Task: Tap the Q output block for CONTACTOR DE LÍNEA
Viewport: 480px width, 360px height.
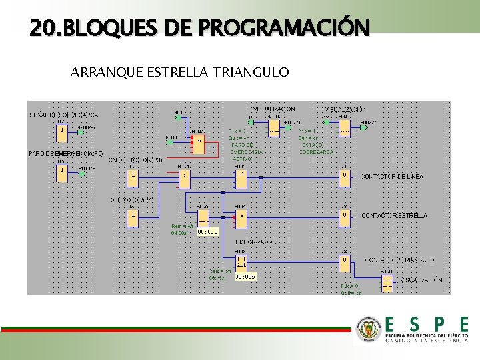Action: point(345,177)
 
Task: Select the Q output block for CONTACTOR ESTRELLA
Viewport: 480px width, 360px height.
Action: point(345,216)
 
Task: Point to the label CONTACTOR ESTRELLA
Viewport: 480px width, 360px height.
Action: point(394,216)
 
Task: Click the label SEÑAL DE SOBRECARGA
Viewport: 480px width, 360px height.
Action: point(63,115)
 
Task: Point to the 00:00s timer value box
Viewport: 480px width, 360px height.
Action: point(245,275)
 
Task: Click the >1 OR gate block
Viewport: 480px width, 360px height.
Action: point(241,177)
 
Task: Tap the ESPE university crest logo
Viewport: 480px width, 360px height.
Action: point(369,328)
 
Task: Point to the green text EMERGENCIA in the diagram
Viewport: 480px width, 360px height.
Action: point(247,152)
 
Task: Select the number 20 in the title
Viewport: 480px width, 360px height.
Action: point(39,28)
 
